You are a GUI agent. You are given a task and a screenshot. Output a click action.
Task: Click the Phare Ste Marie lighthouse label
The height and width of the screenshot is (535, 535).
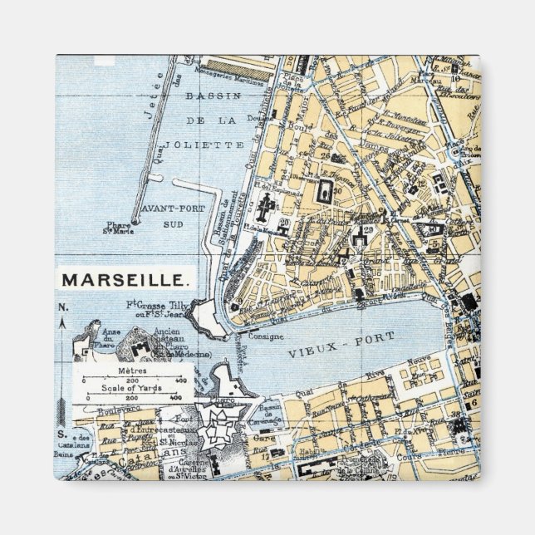pos(123,230)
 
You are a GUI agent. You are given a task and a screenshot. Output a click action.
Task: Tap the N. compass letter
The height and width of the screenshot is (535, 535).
pos(63,307)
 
